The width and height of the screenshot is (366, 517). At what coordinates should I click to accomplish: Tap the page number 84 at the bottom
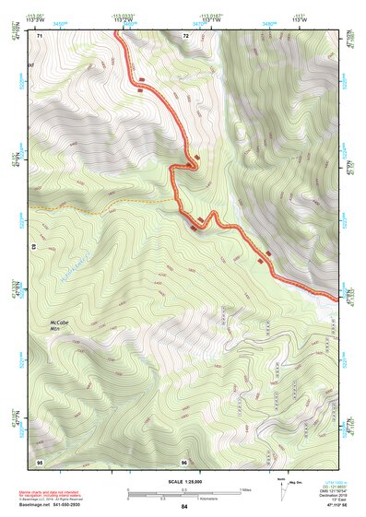click(x=184, y=507)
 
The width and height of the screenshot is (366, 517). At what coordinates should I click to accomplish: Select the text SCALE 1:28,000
click(x=183, y=480)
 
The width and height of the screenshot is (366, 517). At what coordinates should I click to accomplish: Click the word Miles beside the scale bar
click(x=246, y=489)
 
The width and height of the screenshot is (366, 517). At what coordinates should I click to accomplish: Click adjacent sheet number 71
click(x=41, y=35)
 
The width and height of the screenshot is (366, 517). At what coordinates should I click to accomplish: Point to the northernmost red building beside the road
click(x=140, y=90)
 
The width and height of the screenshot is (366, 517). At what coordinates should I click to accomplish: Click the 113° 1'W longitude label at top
click(x=209, y=20)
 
